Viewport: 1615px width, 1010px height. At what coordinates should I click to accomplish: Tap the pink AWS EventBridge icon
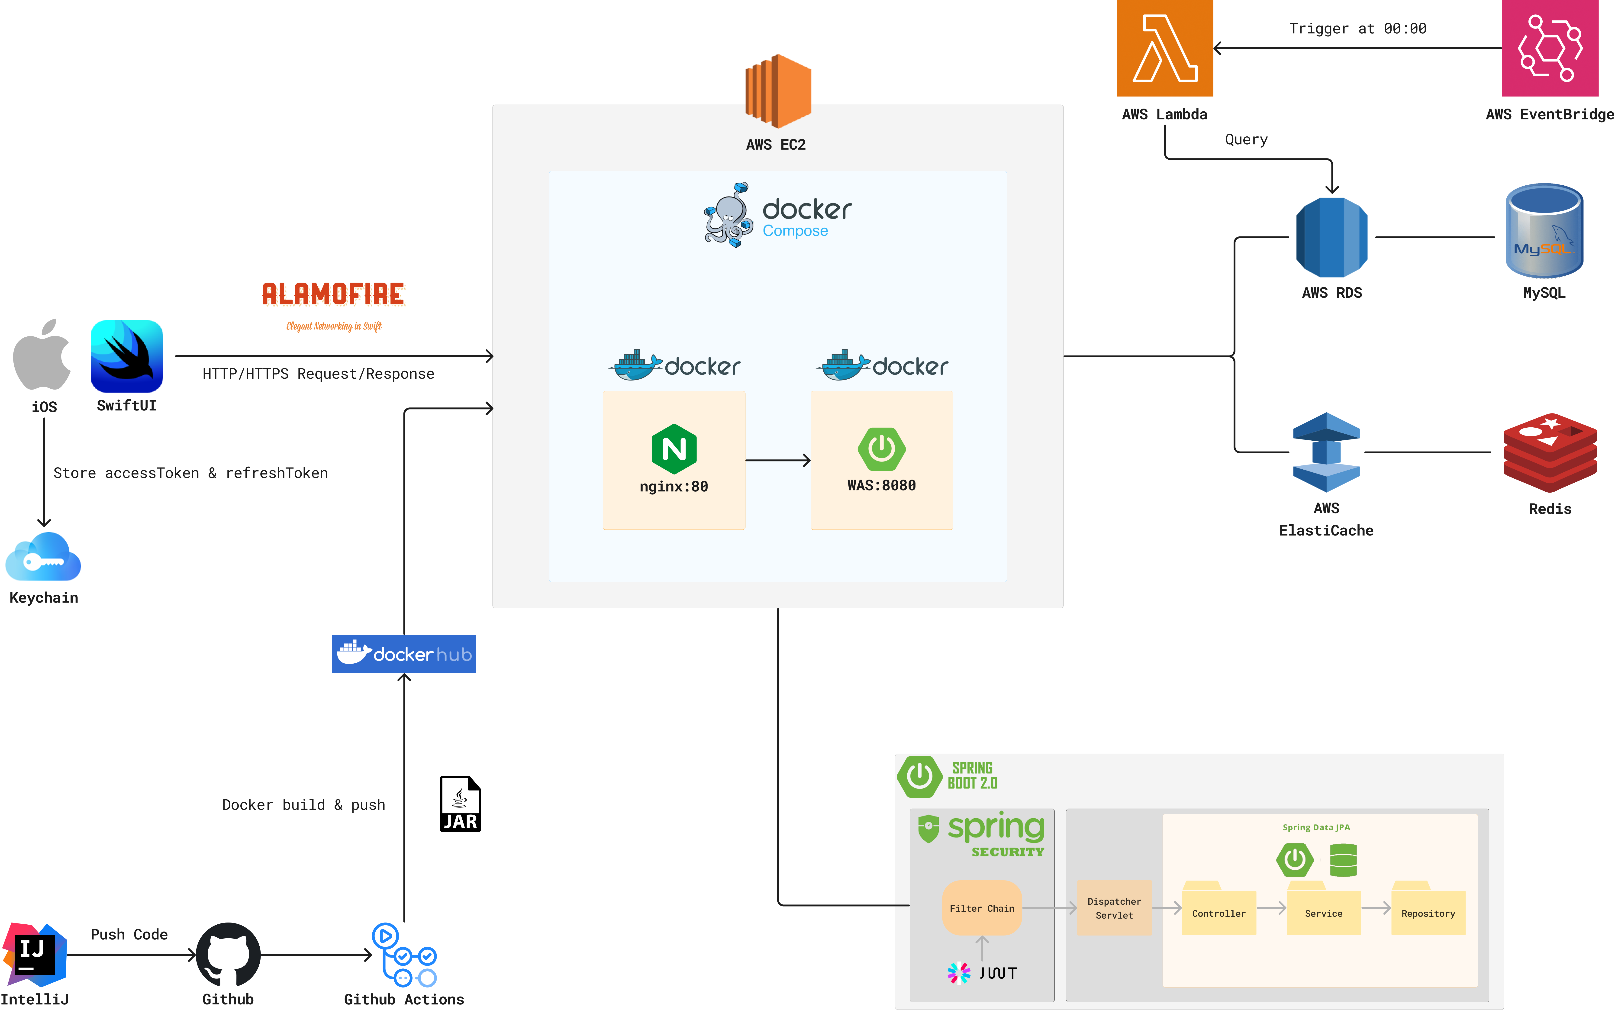pos(1550,48)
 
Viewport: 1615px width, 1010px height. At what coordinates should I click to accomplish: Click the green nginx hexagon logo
pos(674,448)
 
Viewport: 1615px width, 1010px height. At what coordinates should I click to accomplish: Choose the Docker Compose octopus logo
pos(728,215)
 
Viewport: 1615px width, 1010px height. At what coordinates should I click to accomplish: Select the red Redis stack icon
pos(1550,453)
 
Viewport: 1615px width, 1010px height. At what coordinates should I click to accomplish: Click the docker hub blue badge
pos(404,654)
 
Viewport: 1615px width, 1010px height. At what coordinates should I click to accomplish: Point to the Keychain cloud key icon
pos(43,558)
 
